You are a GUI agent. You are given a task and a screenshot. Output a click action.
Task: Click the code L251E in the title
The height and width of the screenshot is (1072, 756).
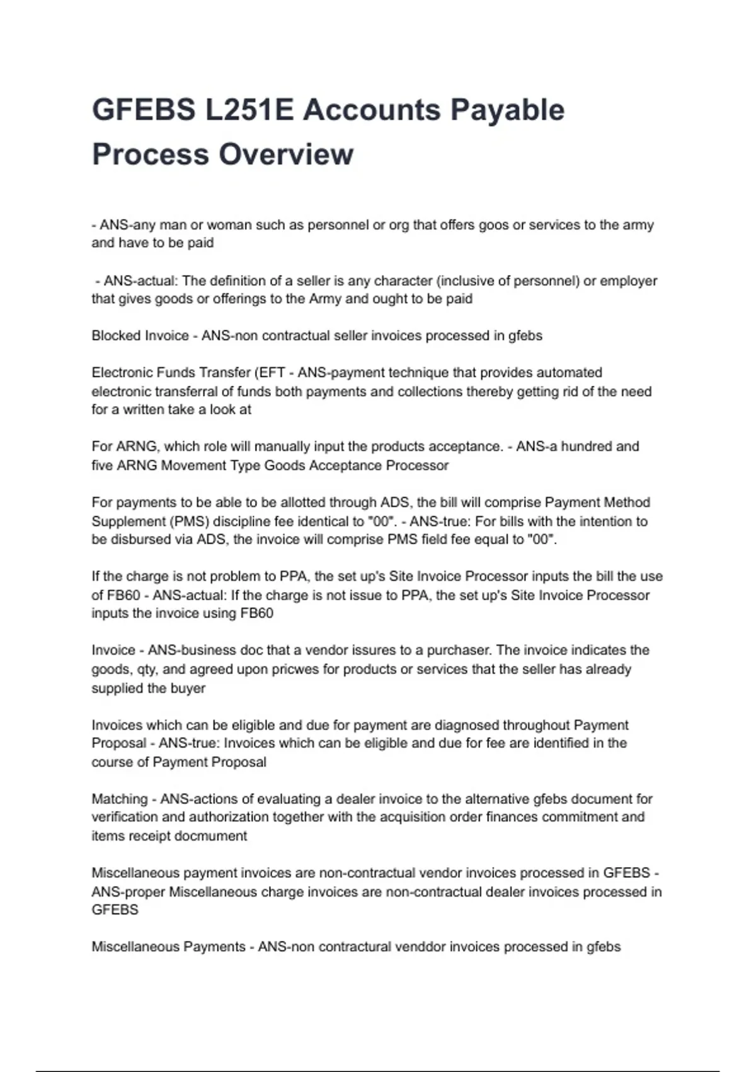249,110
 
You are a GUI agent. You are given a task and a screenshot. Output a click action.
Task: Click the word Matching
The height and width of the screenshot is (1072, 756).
119,799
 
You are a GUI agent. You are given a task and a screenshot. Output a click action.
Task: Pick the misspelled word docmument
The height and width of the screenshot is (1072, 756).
207,836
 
